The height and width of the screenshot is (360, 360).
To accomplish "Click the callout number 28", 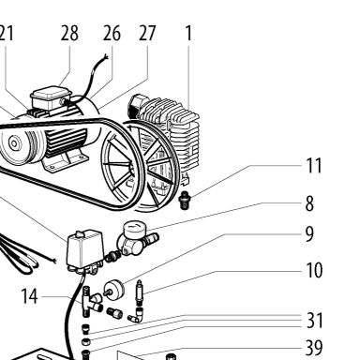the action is (x=69, y=34).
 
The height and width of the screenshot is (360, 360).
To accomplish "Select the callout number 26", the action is (x=112, y=34).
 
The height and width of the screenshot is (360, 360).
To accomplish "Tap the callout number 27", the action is (x=147, y=33).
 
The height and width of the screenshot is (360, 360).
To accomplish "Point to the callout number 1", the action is (x=188, y=33).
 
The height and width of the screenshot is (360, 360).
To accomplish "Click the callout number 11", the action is (x=313, y=165).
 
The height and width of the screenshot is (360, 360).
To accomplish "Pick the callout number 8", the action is (x=309, y=203).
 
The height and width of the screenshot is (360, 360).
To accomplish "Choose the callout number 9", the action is (x=309, y=233).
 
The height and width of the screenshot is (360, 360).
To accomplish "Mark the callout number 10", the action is (x=314, y=270).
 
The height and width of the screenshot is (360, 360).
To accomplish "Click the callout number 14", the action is (x=29, y=296).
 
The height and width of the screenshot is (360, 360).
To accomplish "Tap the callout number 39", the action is (x=314, y=348).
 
